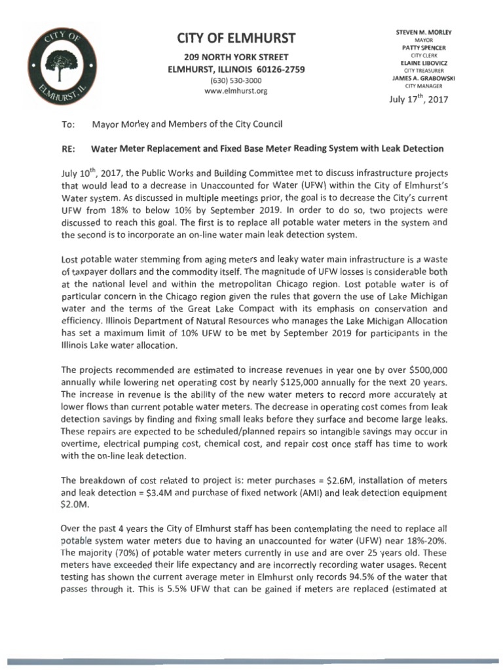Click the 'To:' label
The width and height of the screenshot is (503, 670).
(x=67, y=123)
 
